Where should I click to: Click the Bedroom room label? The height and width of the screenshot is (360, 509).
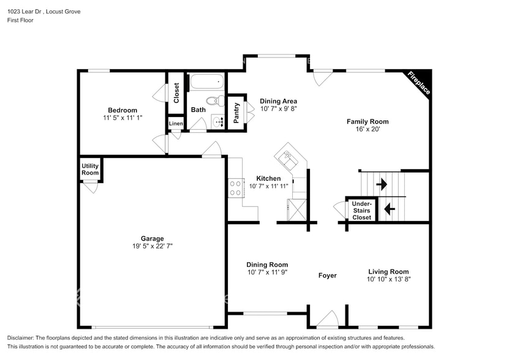coord(123,110)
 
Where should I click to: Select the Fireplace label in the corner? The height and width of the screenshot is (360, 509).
coord(419,83)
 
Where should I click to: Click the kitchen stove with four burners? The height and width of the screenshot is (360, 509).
coord(235,188)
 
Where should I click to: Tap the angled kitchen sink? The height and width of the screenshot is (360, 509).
coord(287,159)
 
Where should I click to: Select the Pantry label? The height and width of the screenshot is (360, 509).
coord(237,113)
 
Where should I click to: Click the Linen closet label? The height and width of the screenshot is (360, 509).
coord(176,124)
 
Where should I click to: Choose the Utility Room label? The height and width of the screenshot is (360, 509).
coord(90,170)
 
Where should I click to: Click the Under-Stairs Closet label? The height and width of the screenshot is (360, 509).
coord(361,210)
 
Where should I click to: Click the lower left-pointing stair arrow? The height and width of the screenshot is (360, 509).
coord(388,209)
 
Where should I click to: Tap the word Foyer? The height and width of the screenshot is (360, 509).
coord(327,276)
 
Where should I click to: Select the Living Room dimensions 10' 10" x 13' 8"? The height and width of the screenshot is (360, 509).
coord(388,279)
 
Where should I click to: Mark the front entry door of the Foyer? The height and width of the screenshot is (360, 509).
coord(327,320)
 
